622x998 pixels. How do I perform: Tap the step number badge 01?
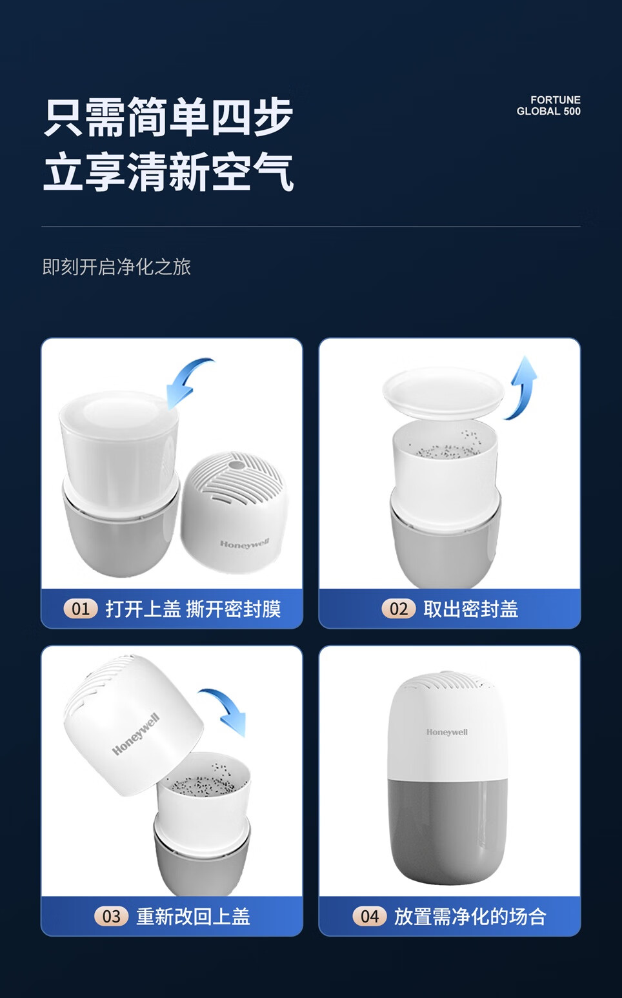point(81,609)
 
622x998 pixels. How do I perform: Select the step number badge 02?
point(399,609)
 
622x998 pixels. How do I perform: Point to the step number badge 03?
point(112,917)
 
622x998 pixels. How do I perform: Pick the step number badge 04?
point(370,917)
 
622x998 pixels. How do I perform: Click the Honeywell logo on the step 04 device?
point(447,732)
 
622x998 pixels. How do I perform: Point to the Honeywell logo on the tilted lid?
point(135,734)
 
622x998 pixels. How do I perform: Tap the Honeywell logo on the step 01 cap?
point(245,544)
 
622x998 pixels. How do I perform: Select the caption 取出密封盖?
point(470,609)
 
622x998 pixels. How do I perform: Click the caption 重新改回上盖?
point(193,917)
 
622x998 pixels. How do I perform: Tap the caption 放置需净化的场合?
point(470,917)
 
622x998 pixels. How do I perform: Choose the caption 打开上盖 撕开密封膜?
point(193,609)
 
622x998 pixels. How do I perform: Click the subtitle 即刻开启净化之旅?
point(117,267)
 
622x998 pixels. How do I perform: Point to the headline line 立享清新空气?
point(168,172)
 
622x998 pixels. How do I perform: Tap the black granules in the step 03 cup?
point(203,783)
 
